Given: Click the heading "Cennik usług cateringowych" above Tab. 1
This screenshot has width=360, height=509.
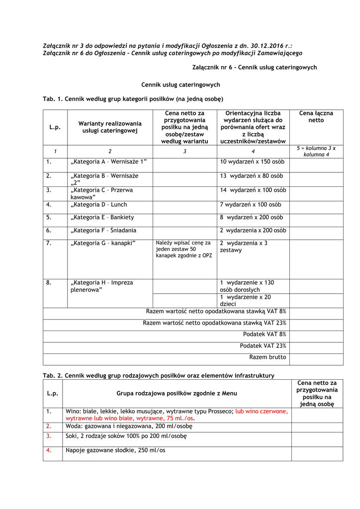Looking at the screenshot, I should (180, 85).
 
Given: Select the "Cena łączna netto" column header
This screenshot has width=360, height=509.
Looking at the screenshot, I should (316, 117).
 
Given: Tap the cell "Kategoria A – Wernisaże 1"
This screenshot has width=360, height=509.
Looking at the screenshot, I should (109, 162).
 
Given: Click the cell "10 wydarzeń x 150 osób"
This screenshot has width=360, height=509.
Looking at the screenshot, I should (252, 162).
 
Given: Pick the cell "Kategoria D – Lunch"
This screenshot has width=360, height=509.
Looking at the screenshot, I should (99, 204).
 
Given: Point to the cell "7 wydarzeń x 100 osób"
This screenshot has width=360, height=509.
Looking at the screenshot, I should (250, 204).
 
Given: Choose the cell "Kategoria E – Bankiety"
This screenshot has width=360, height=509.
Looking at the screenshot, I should (102, 217).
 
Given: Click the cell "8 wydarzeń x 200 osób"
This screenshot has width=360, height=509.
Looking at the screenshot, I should (252, 217).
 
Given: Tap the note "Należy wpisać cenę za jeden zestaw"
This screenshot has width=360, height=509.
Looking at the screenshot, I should (183, 249).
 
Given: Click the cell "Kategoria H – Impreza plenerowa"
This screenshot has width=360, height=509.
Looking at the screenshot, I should (102, 286).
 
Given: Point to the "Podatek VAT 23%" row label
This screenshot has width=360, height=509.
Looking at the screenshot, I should (263, 345).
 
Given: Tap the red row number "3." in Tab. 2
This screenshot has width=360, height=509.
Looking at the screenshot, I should (49, 436).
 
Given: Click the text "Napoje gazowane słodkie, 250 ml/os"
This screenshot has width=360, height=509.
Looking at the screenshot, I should (115, 450).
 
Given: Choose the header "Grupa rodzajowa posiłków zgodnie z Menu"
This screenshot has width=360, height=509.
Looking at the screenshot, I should (177, 393).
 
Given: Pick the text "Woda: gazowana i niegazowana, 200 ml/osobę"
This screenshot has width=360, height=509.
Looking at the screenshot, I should (129, 426).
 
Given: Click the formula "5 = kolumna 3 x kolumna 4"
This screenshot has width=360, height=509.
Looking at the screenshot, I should (316, 152).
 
